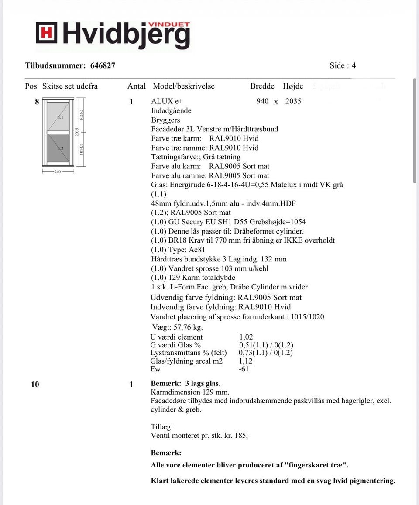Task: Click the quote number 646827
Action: pos(103,66)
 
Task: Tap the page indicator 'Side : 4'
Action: pos(343,66)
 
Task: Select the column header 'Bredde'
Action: pos(262,86)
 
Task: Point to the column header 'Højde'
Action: pos(293,86)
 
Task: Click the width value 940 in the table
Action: pos(263,101)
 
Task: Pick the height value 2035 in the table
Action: pos(293,101)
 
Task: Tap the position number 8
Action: pos(37,102)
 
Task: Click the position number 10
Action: pos(35,385)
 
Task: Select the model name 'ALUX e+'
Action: pos(167,101)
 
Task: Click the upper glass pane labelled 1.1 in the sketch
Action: pos(58,117)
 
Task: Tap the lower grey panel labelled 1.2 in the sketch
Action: pos(58,149)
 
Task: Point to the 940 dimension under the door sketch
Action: pos(58,172)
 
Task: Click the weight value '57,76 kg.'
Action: pos(186,327)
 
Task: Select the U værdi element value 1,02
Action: pos(246,337)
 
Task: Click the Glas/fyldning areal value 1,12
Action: pos(246,361)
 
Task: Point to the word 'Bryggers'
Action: pos(165,120)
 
